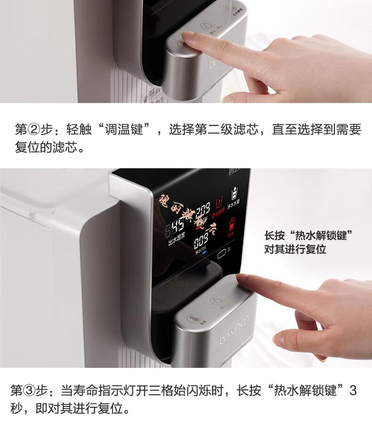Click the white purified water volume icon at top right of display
234,193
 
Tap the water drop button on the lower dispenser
217,300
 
